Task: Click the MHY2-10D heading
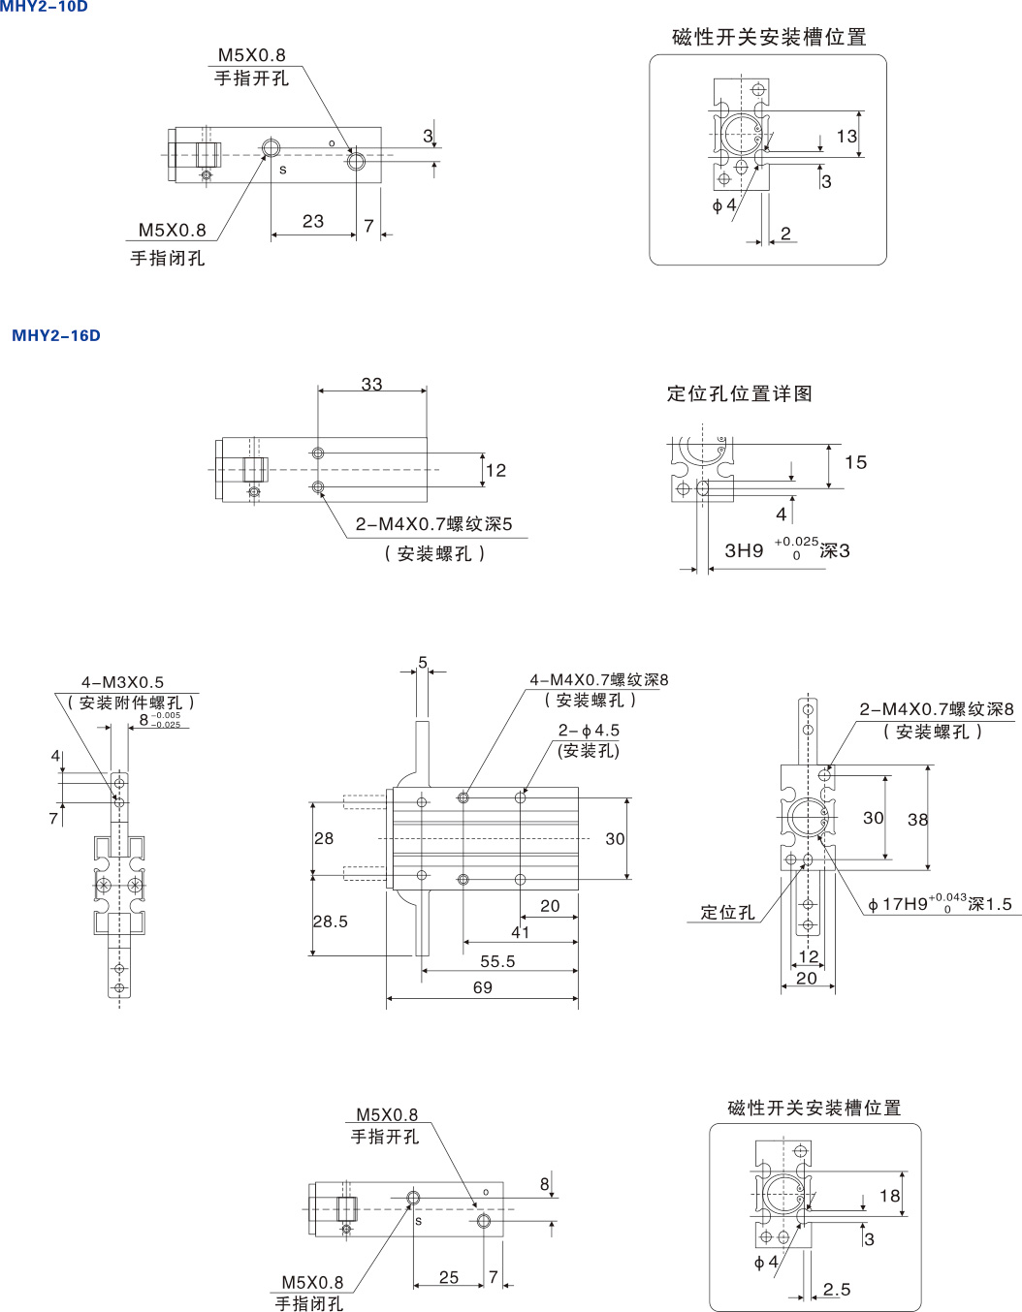pos(44,6)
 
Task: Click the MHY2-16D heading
pos(56,335)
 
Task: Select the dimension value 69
pos(482,987)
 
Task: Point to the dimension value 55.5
pos(497,961)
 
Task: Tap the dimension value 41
pos(520,932)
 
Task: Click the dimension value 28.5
pos(331,922)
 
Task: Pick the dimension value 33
pos(372,384)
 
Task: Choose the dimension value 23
pos(313,221)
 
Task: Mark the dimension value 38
pos(917,820)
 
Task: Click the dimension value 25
pos(449,1277)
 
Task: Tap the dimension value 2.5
pos(837,1289)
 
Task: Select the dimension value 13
pos(846,136)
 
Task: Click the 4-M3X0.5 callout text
pos(122,682)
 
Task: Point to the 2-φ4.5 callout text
pos(589,730)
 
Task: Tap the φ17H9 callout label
pos(940,903)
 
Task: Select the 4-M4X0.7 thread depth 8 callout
pos(599,680)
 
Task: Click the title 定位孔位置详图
pos(739,393)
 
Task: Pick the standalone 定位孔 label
pos(727,912)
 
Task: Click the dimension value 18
pos(890,1196)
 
